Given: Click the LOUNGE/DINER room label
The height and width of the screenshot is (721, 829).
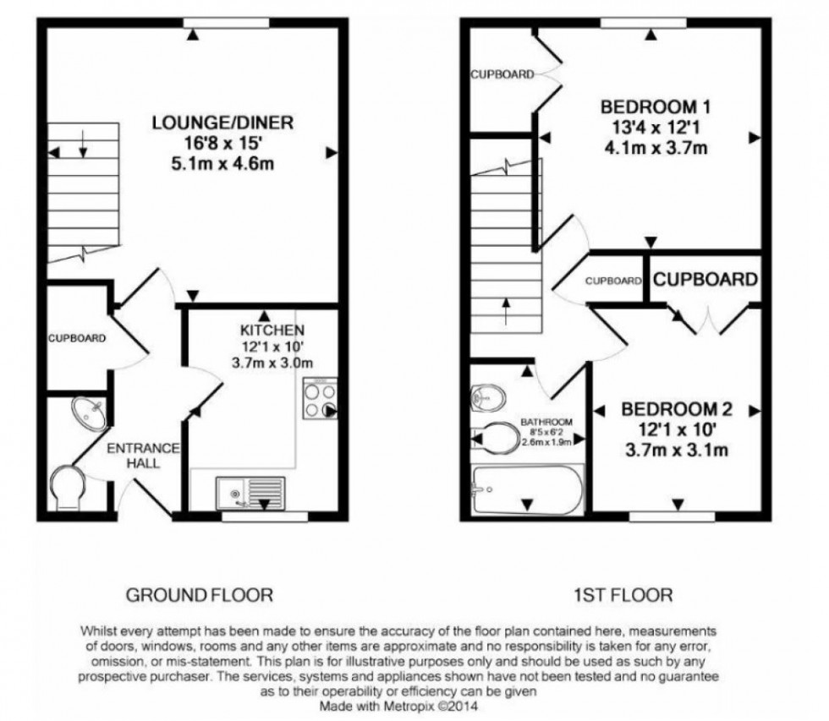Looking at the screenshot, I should pos(222,123).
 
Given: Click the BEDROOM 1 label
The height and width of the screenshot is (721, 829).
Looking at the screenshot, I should pos(655,108).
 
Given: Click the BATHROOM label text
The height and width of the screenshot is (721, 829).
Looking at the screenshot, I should pos(546,421).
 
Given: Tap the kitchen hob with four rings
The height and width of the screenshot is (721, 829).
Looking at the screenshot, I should pos(320,399).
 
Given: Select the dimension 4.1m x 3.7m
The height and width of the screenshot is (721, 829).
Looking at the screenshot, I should pos(655,148).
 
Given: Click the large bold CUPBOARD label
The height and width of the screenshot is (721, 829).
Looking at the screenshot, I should pos(704,280).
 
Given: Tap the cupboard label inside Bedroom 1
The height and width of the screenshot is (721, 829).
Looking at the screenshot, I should pos(502,74).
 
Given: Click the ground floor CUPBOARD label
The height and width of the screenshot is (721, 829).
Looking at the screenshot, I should pos(76,338).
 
